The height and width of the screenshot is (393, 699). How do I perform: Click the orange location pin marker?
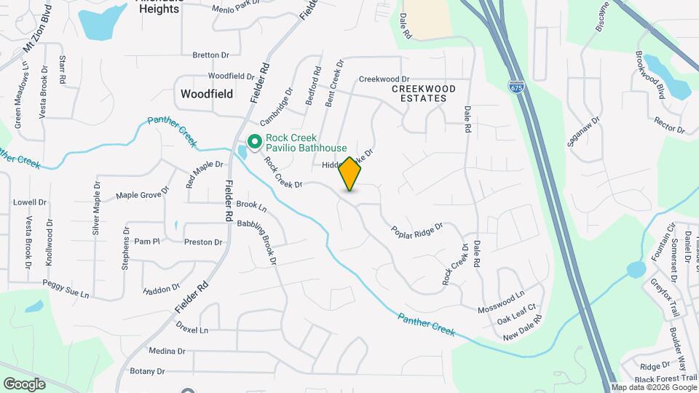coord(349,174)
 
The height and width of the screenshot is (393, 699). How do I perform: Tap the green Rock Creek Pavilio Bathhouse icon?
coord(256,141)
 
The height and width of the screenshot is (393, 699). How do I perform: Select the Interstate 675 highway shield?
coord(516,87)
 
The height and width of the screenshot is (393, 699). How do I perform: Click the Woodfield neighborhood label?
coord(207,94)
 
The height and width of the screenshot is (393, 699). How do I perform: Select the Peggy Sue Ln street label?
coord(66,289)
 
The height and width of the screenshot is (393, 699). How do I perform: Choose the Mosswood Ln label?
coord(500,303)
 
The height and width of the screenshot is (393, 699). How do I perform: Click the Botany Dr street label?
coord(148,371)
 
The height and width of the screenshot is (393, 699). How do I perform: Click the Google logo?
coord(25,384)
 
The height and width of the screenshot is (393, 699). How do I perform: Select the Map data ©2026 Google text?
coord(653,388)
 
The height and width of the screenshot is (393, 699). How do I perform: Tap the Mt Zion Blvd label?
coord(38,28)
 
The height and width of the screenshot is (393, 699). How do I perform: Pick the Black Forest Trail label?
coord(666,378)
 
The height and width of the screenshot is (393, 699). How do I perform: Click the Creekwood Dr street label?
coord(384,79)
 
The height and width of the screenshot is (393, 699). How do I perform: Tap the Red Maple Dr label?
coord(204,174)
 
